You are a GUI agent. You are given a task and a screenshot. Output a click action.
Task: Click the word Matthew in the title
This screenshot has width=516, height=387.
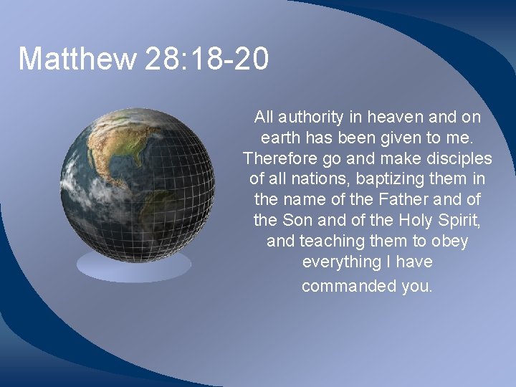point(77,59)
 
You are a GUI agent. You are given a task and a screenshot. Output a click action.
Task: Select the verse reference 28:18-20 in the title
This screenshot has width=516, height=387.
point(206,59)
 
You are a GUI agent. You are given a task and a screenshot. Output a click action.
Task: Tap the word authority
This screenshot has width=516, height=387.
point(311,116)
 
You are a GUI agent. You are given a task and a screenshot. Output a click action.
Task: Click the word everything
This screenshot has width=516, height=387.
point(341,262)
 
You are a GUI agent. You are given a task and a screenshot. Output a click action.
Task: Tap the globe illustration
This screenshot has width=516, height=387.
point(137,183)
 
